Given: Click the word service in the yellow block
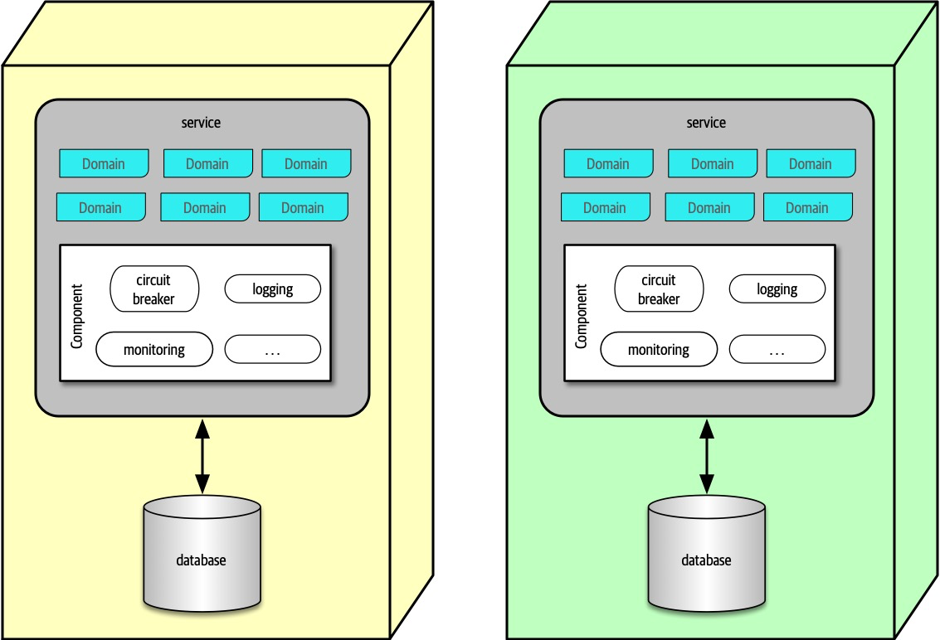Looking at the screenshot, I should pyautogui.click(x=201, y=123).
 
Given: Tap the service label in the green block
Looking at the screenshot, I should pyautogui.click(x=706, y=123).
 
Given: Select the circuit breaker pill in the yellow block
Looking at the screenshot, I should pyautogui.click(x=154, y=289).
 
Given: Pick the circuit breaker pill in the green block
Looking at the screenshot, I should pyautogui.click(x=659, y=289).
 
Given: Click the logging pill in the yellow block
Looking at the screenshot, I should pyautogui.click(x=273, y=289).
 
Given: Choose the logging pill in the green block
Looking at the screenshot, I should pyautogui.click(x=777, y=289).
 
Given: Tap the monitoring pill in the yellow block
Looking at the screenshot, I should pyautogui.click(x=154, y=349).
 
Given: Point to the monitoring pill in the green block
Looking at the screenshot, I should pyautogui.click(x=659, y=349).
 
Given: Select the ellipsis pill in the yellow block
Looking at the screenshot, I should pyautogui.click(x=273, y=350).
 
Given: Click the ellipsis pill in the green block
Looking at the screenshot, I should pyautogui.click(x=777, y=350).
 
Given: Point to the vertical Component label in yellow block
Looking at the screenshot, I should pyautogui.click(x=77, y=316).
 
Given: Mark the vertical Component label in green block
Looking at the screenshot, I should pyautogui.click(x=582, y=316).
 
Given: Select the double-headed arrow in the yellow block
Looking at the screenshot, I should pyautogui.click(x=202, y=457).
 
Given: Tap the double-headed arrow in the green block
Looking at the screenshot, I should pyautogui.click(x=706, y=457).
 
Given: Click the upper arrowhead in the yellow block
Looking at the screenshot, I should pyautogui.click(x=202, y=429).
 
